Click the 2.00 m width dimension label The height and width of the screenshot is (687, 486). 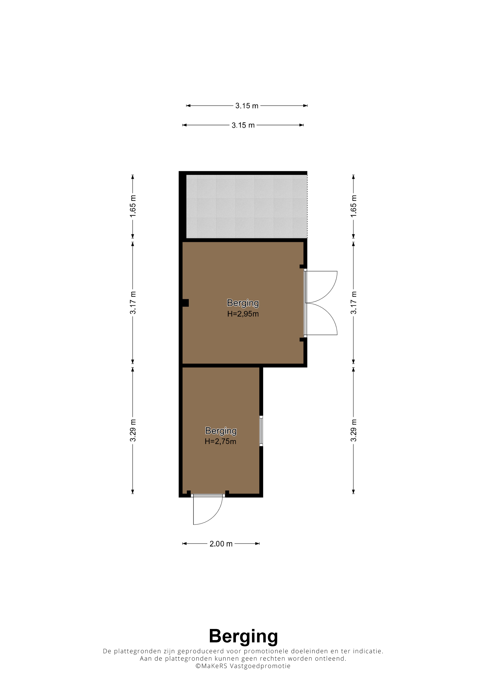point(221,544)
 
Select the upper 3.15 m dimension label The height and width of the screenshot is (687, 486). point(247,106)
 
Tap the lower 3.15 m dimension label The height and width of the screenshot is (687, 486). point(243,125)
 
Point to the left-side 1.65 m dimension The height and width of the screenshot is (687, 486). point(133,206)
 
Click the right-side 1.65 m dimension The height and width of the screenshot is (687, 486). point(353,206)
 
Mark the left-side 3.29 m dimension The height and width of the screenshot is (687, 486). point(133,430)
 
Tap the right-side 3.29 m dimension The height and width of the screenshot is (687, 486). point(353,430)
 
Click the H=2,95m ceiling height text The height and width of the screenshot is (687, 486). point(243,314)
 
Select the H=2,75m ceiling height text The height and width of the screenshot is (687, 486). point(220,441)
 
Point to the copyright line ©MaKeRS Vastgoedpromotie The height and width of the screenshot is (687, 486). point(243,666)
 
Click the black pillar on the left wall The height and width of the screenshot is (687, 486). point(185,303)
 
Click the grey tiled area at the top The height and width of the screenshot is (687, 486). point(246,206)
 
